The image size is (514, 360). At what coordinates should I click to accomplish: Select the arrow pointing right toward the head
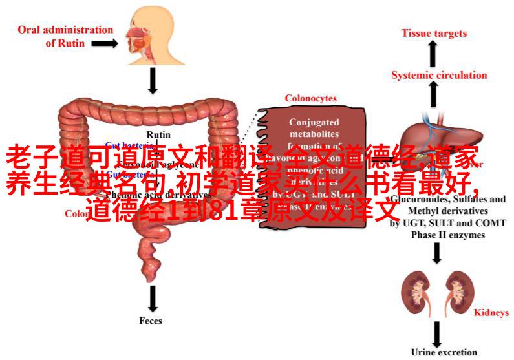[x=103, y=43]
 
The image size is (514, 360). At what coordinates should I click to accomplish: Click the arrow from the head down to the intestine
[x=153, y=80]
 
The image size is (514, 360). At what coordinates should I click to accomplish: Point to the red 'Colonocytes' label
[x=311, y=98]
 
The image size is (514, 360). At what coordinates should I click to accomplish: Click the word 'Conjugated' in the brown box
[x=314, y=122]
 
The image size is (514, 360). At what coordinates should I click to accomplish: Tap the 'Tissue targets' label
[x=433, y=33]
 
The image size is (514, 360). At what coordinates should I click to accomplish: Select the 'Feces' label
[x=151, y=321]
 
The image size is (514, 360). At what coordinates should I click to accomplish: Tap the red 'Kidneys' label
[x=492, y=313]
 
